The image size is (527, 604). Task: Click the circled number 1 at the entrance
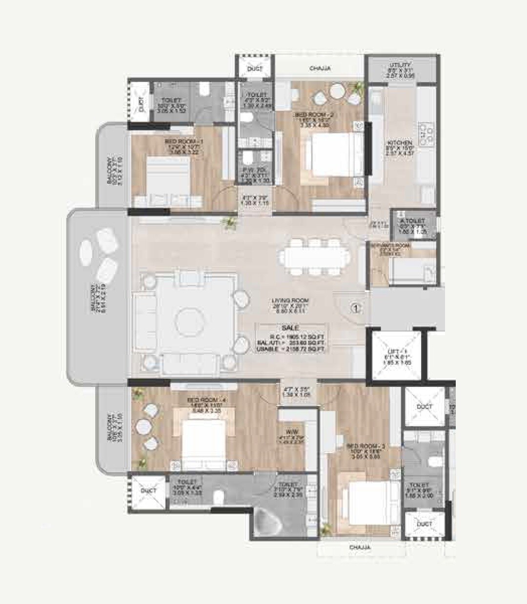pos(356,308)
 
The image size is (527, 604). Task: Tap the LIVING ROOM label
pos(291,301)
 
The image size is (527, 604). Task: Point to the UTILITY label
pos(400,65)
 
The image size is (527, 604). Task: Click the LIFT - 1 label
pos(393,351)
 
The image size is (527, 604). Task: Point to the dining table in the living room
pos(315,257)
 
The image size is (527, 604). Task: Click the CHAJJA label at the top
pos(320,69)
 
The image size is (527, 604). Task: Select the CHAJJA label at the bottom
pos(360,547)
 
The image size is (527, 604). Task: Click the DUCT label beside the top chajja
pos(255,69)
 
